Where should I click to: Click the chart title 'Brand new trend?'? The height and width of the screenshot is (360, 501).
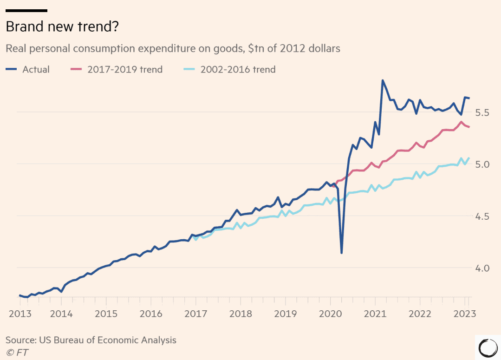pyautogui.click(x=62, y=27)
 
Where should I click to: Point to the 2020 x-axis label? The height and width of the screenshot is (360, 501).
pyautogui.click(x=330, y=314)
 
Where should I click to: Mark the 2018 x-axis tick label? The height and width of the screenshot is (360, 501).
pyautogui.click(x=241, y=314)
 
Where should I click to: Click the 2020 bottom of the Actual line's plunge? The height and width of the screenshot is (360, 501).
pyautogui.click(x=341, y=253)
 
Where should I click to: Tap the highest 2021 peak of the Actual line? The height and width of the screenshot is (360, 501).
pyautogui.click(x=383, y=80)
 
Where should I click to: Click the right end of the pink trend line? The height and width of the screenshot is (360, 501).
pyautogui.click(x=469, y=127)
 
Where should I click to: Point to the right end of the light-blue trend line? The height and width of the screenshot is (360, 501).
pyautogui.click(x=469, y=158)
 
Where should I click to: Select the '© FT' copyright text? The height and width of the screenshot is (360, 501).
pyautogui.click(x=17, y=352)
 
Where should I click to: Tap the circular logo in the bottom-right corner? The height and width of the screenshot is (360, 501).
pyautogui.click(x=488, y=347)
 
